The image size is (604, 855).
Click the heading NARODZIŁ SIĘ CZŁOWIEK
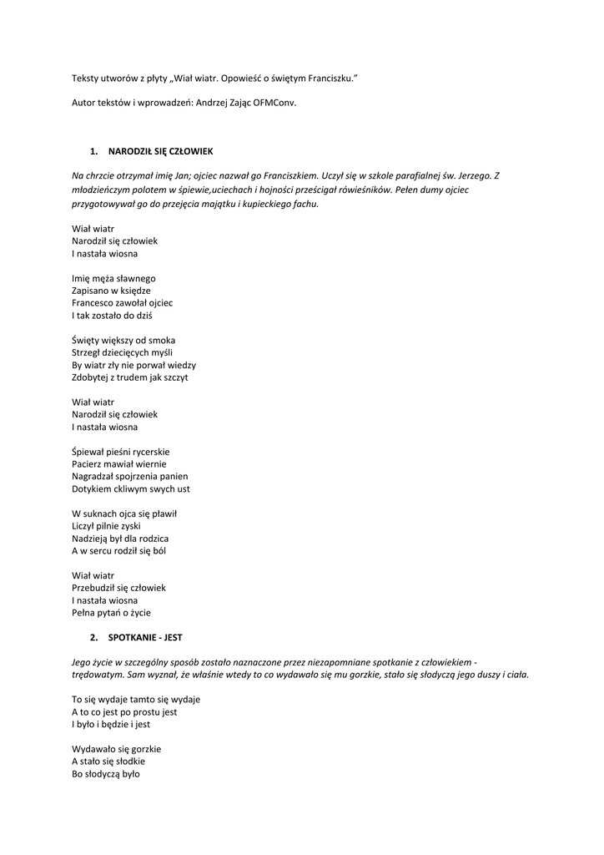pos(161,151)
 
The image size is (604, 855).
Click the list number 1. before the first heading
pos(93,151)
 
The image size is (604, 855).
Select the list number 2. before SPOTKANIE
pos(93,637)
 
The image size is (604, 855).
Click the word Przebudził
pos(98,588)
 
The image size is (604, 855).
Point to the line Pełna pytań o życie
pos(111,613)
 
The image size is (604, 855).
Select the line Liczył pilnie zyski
pos(106,526)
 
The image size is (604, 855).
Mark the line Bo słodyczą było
pos(106,774)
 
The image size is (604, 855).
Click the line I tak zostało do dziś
pos(112,316)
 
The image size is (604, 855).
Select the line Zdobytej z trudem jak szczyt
pos(130,377)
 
